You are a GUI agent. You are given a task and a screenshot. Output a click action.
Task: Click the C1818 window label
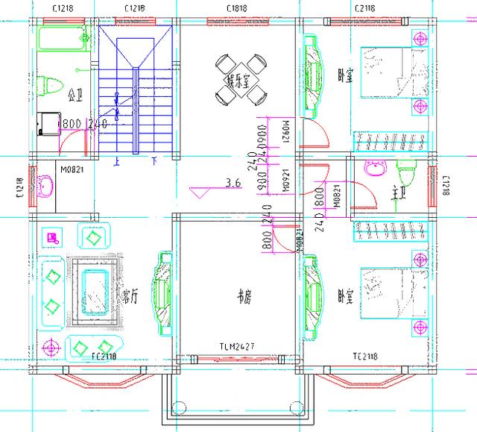[x=238, y=9]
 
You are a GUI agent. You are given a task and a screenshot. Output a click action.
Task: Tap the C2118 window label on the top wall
[x=364, y=9]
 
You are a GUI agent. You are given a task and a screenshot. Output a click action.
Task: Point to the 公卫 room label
[x=75, y=96]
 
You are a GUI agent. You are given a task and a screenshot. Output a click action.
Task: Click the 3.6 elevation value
[x=233, y=182]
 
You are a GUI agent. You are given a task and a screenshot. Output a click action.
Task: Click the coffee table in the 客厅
[x=95, y=291]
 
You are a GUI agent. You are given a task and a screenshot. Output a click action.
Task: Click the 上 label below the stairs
[x=116, y=160]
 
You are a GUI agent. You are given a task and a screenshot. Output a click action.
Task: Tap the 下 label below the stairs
[x=154, y=160]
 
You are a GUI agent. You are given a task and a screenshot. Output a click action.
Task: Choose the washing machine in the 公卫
[x=48, y=123]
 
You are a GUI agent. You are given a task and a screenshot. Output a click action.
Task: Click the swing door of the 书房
[x=282, y=237]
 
